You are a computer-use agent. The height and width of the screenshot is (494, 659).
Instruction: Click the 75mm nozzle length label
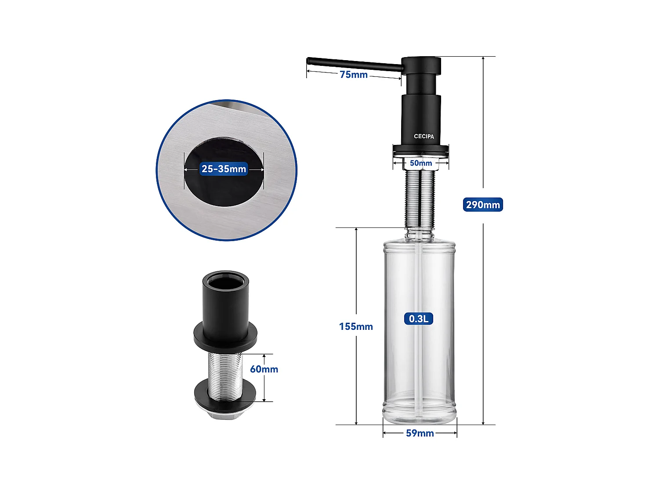(x=354, y=75)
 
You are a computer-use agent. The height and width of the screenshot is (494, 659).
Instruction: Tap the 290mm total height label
(x=483, y=205)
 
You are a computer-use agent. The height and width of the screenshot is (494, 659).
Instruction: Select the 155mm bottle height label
(x=356, y=327)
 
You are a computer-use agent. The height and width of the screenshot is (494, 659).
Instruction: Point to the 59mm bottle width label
(x=420, y=433)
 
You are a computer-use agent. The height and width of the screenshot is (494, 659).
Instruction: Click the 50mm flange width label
(x=421, y=163)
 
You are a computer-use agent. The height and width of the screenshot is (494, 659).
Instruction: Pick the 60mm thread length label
(x=264, y=369)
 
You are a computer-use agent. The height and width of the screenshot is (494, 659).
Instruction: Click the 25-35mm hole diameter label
(x=224, y=169)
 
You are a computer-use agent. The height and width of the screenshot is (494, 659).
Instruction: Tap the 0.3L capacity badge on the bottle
(x=419, y=319)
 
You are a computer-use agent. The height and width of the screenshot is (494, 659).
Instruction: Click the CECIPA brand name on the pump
(x=424, y=137)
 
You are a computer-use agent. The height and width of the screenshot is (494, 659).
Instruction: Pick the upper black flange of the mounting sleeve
(x=226, y=336)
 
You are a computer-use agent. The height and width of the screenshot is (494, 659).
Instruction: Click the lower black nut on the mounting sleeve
(x=225, y=392)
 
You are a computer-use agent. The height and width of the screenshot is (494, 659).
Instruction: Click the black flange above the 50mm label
(x=421, y=150)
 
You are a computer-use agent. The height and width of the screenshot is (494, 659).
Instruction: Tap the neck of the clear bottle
(x=420, y=233)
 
